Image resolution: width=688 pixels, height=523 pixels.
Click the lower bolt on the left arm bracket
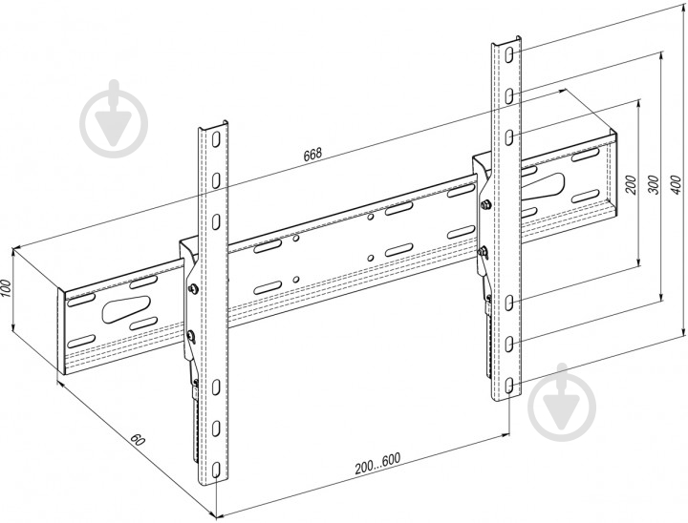tap(194, 334)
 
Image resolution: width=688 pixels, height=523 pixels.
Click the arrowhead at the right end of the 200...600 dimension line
tap(504, 435)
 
